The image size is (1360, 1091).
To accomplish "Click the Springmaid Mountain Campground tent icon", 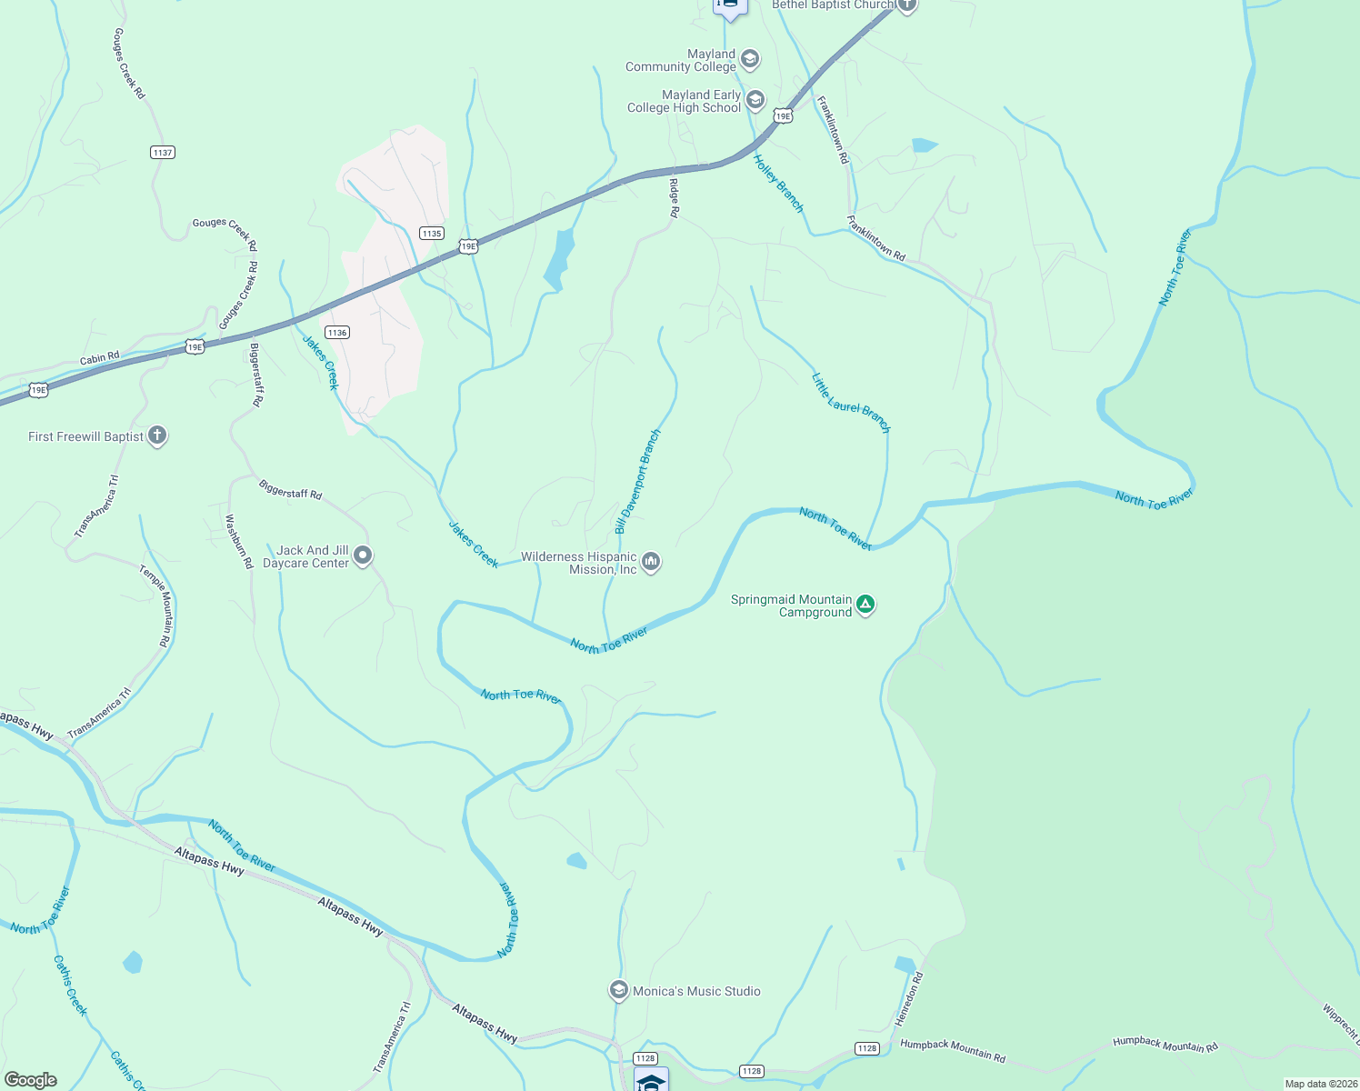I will point(865,605).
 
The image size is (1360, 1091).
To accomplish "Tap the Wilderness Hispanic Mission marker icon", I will point(651,562).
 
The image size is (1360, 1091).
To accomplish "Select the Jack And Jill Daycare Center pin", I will point(363,555).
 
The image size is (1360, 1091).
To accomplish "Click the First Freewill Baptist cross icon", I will point(157,435).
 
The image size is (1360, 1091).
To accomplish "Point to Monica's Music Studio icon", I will point(619,990).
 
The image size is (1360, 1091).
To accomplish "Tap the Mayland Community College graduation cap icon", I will point(750,60).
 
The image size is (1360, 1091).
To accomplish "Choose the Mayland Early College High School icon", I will point(755,100).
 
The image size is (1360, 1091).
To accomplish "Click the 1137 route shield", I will point(163,152).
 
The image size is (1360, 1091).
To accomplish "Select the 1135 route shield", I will point(432,234).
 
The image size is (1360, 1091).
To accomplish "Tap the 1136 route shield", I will point(337,332).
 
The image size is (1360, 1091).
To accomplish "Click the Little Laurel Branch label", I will point(851,402).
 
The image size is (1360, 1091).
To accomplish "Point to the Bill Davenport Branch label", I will point(637,482).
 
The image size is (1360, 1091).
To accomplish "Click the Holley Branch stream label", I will point(779,183).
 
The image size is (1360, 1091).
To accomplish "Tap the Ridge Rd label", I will point(674,198).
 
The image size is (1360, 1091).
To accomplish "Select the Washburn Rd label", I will point(239,542).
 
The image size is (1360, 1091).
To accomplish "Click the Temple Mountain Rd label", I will point(155,606).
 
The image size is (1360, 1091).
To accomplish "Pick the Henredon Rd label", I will point(909,999).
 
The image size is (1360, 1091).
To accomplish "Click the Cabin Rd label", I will point(100,358).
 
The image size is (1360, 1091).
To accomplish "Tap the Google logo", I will point(31,1079).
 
